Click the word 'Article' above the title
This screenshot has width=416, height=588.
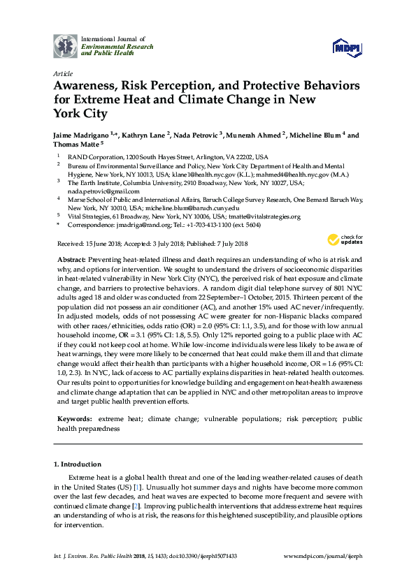click(x=62, y=73)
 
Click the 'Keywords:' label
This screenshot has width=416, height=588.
click(x=74, y=419)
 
